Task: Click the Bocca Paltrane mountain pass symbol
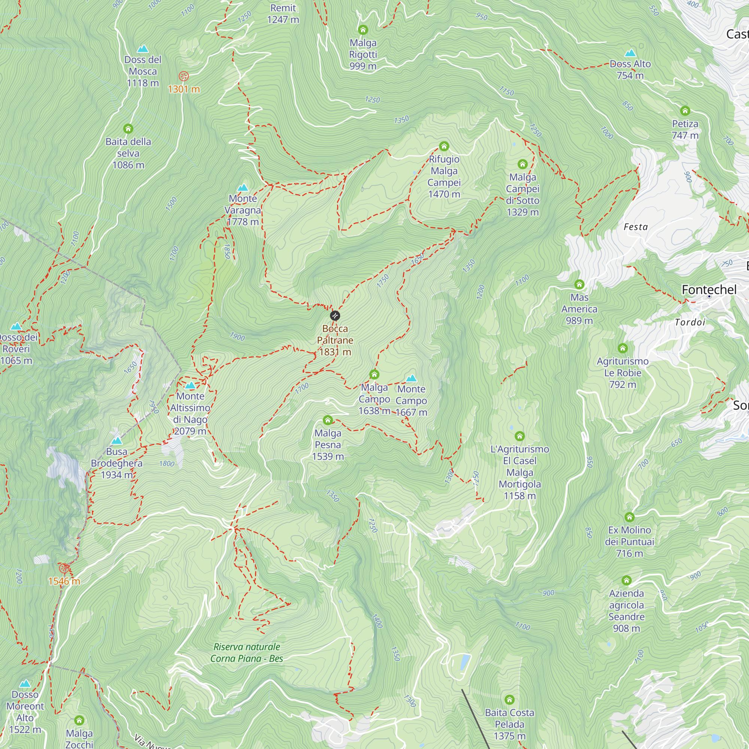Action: (x=335, y=316)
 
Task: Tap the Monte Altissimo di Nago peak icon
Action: (x=190, y=385)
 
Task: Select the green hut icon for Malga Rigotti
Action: (x=363, y=30)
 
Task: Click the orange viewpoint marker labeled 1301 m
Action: (x=184, y=76)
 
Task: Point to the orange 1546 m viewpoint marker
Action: (x=64, y=568)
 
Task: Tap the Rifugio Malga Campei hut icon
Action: (x=444, y=146)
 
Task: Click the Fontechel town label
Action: (x=709, y=289)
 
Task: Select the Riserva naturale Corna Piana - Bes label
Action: (x=247, y=652)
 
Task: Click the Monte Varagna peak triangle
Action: (x=243, y=188)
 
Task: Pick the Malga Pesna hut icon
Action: (x=328, y=420)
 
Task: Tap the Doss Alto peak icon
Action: (x=630, y=53)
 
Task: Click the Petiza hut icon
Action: (x=685, y=111)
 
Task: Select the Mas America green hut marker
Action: (x=579, y=285)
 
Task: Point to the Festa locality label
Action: (x=636, y=227)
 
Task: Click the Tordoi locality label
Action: (x=690, y=322)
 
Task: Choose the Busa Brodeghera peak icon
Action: (x=117, y=441)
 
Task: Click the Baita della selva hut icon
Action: (x=128, y=128)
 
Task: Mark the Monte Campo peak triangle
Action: (x=411, y=378)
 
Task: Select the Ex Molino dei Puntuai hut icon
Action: (x=629, y=517)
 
